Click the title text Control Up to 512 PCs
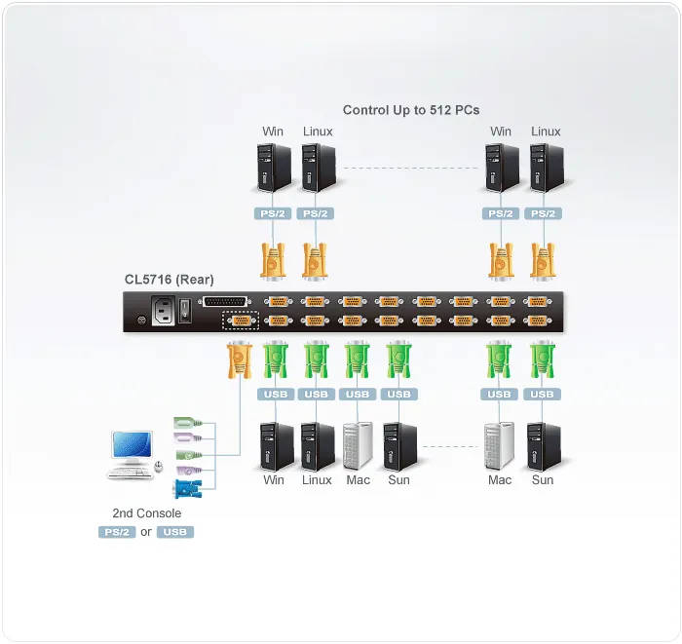411,110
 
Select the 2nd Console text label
146,513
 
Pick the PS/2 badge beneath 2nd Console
116,532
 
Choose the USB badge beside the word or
175,532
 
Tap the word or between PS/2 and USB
146,532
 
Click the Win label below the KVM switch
274,480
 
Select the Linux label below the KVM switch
317,480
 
